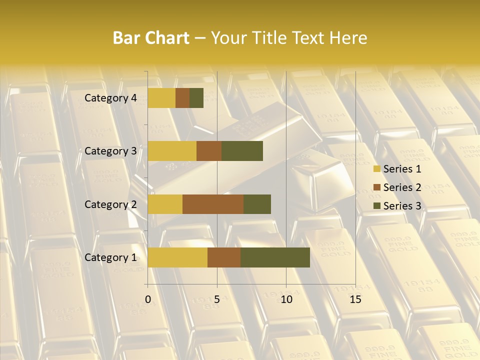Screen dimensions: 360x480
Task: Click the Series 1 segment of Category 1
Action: click(177, 257)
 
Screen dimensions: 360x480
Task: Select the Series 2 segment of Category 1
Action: click(224, 257)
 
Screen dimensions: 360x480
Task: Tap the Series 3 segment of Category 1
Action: click(275, 257)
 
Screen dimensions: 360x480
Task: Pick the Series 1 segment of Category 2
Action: click(165, 204)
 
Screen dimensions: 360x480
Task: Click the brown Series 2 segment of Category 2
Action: click(213, 204)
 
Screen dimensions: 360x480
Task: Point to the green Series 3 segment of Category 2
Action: click(257, 204)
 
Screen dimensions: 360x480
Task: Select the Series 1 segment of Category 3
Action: click(172, 151)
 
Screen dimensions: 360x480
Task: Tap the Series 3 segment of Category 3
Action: click(242, 151)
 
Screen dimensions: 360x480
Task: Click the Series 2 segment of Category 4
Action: click(182, 98)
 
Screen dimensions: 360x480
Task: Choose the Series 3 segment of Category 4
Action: click(196, 98)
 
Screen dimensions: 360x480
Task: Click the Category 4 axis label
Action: click(110, 98)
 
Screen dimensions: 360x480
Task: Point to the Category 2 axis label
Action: click(110, 204)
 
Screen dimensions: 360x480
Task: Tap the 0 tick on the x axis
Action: click(148, 299)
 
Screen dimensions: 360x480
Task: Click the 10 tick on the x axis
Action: click(286, 299)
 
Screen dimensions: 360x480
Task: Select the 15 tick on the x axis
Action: click(355, 299)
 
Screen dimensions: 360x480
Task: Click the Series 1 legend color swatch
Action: click(377, 169)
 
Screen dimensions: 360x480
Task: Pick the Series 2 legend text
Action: click(402, 187)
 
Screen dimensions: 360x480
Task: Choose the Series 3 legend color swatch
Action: click(377, 206)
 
